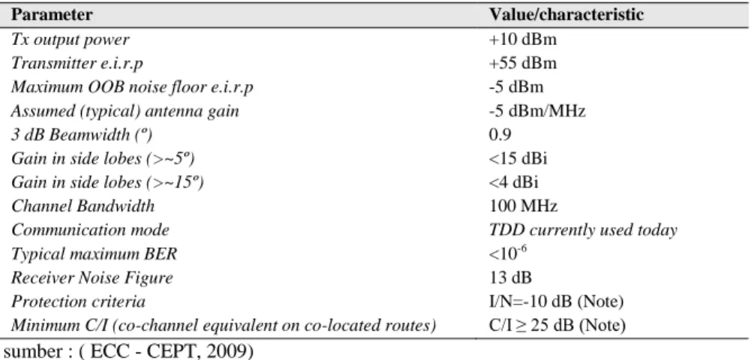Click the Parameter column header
pyautogui.click(x=52, y=15)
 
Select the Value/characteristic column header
pyautogui.click(x=566, y=15)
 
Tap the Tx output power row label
pyautogui.click(x=70, y=39)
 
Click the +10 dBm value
pyautogui.click(x=522, y=39)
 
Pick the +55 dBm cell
pyautogui.click(x=522, y=63)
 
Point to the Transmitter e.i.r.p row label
pyautogui.click(x=77, y=63)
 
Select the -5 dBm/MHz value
pyautogui.click(x=537, y=111)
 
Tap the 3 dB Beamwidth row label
pyautogui.click(x=82, y=136)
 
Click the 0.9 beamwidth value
pyautogui.click(x=500, y=134)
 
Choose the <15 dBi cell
pyautogui.click(x=518, y=158)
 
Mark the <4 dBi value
pyautogui.click(x=514, y=182)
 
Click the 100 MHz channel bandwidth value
pyautogui.click(x=523, y=206)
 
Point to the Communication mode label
pyautogui.click(x=90, y=230)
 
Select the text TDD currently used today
pyautogui.click(x=583, y=230)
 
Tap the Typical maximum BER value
pyautogui.click(x=509, y=253)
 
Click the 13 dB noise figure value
pyautogui.click(x=510, y=277)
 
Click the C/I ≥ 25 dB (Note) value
pyautogui.click(x=557, y=326)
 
